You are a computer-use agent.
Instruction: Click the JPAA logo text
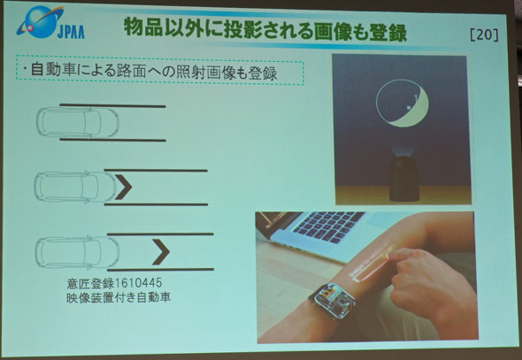pyautogui.click(x=71, y=32)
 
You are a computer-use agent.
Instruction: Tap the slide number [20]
pyautogui.click(x=484, y=34)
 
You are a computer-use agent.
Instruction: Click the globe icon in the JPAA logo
pyautogui.click(x=41, y=22)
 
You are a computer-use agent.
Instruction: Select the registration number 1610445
pyautogui.click(x=138, y=283)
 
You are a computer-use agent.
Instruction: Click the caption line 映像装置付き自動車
pyautogui.click(x=119, y=297)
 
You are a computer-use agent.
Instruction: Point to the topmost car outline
pyautogui.click(x=78, y=122)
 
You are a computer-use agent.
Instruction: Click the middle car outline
pyautogui.click(x=76, y=187)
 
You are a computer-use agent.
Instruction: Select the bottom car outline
pyautogui.click(x=77, y=252)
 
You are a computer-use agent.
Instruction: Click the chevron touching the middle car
pyautogui.click(x=123, y=187)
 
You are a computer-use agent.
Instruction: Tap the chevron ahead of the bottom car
pyautogui.click(x=161, y=252)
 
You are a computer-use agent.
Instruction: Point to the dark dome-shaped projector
pyautogui.click(x=403, y=180)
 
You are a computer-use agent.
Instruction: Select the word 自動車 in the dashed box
pyautogui.click(x=54, y=70)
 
